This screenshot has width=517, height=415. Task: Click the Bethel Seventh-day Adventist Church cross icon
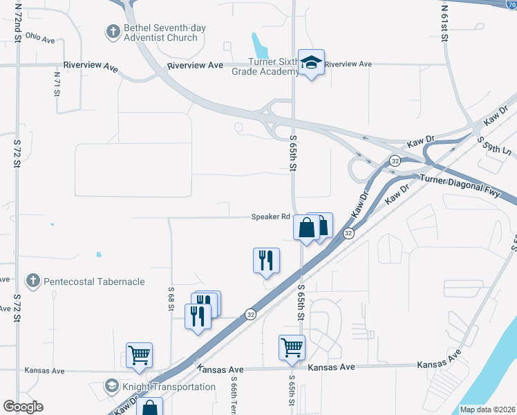pos(112,31)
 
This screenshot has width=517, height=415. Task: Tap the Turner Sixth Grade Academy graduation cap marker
pos(311,63)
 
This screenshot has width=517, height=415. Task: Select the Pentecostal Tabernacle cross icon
pos(32,282)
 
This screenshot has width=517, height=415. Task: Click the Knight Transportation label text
pos(169,387)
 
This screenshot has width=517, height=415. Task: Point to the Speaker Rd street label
pos(270,216)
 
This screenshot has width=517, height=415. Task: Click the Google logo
pos(23,407)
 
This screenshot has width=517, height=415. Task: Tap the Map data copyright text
pos(487,409)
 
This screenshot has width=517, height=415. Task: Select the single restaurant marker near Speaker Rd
pos(266,260)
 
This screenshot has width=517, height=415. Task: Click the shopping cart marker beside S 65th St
pos(292,348)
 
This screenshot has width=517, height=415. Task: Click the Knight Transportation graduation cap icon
pos(112,386)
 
